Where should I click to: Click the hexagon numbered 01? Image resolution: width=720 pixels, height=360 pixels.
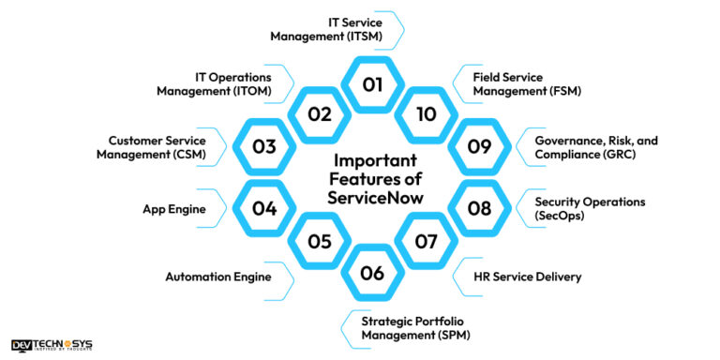(373, 84)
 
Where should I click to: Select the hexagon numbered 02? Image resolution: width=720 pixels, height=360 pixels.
(320, 114)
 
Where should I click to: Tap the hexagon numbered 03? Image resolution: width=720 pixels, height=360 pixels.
(265, 147)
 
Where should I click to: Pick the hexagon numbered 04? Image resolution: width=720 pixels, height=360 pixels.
(265, 208)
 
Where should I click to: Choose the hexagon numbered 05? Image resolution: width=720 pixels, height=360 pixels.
(320, 241)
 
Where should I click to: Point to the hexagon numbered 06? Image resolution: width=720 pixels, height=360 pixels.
(373, 274)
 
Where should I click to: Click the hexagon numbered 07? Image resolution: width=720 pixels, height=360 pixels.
(427, 241)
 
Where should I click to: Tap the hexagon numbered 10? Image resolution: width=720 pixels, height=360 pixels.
(427, 114)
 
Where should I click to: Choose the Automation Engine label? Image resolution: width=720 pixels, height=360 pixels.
(217, 277)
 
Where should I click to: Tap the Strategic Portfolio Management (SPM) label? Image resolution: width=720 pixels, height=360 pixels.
(415, 328)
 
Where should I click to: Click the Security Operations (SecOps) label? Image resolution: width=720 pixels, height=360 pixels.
(578, 208)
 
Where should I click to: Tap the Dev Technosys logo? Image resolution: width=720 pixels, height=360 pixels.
(52, 345)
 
